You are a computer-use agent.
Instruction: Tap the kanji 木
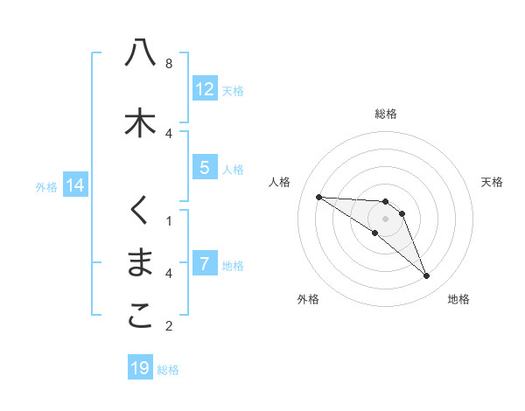tap(140, 122)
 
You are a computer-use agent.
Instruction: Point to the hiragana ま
tap(140, 264)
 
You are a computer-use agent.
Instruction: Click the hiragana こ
tap(140, 317)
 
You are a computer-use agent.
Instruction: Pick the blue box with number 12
tap(205, 88)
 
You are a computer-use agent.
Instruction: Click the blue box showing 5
tap(205, 168)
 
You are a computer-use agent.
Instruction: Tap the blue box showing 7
tap(205, 264)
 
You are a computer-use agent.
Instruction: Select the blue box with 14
tap(74, 185)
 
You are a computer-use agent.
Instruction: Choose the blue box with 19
tap(140, 368)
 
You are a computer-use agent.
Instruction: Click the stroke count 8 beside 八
tap(169, 64)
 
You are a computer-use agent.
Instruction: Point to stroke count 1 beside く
tap(169, 220)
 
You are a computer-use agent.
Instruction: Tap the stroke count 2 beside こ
tap(169, 327)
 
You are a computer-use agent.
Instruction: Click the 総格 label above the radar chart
tap(386, 114)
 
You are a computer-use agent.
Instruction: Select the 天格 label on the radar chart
tap(492, 182)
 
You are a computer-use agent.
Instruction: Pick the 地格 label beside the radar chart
tap(458, 299)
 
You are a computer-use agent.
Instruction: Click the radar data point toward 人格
tap(318, 197)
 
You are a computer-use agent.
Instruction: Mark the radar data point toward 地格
tap(427, 276)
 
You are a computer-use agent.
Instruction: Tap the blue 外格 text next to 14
tap(46, 186)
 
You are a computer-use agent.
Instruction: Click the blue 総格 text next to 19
tap(168, 370)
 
